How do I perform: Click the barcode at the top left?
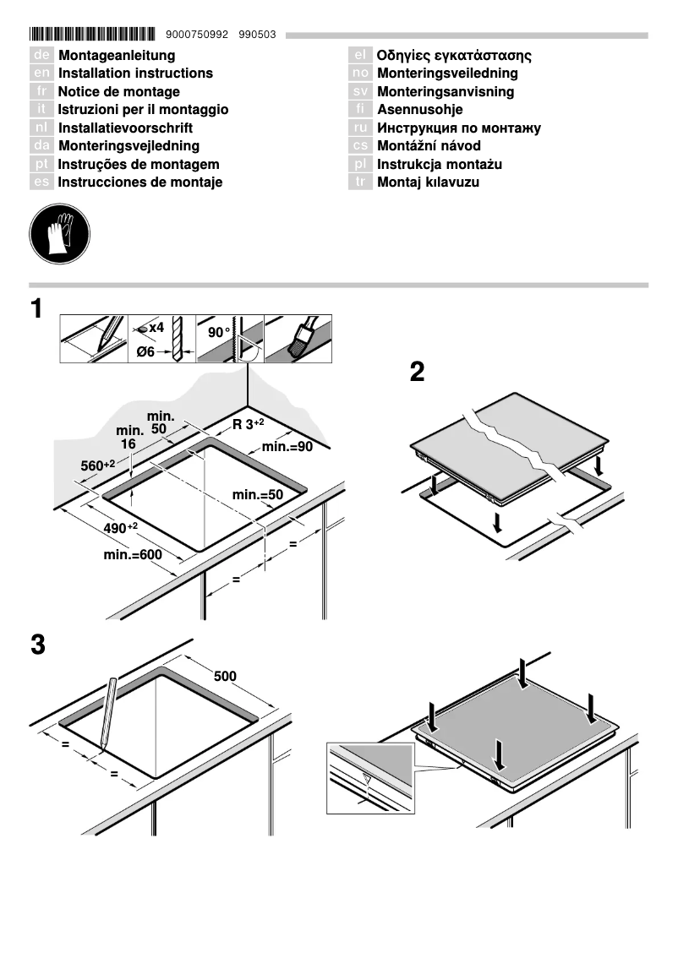click(93, 35)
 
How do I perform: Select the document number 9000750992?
click(198, 35)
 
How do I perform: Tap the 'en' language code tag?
click(41, 73)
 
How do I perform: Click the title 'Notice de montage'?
click(118, 91)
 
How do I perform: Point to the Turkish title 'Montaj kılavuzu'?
click(428, 182)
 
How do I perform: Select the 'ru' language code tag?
click(360, 128)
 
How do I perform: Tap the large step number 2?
click(417, 372)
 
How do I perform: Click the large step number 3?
click(37, 645)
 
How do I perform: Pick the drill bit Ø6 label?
click(145, 352)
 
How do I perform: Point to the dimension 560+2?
click(97, 465)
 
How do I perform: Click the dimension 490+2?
click(120, 528)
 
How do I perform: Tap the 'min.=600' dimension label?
click(132, 555)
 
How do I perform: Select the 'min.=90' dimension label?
click(287, 446)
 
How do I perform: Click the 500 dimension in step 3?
click(225, 676)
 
